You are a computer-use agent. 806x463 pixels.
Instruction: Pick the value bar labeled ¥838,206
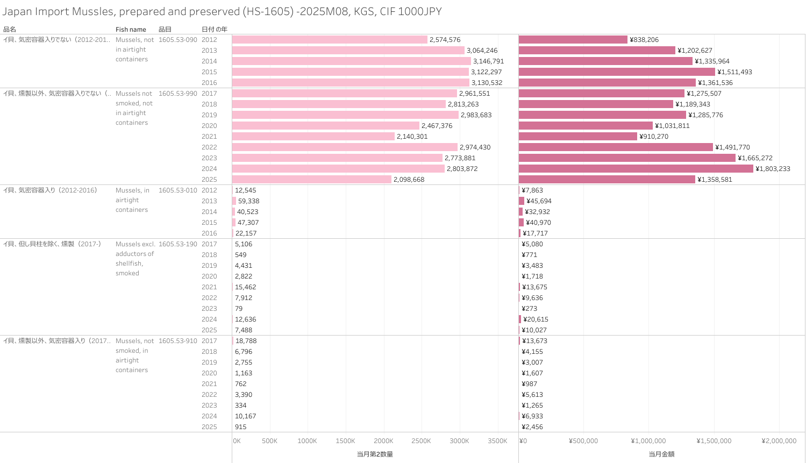point(573,40)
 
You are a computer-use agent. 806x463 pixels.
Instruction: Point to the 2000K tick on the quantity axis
point(383,441)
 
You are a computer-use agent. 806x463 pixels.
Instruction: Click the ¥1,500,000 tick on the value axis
point(714,441)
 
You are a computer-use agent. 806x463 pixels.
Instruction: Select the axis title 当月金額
point(661,454)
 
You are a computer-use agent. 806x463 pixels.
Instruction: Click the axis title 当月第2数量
point(375,454)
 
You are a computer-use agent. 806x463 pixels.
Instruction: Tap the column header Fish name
point(131,30)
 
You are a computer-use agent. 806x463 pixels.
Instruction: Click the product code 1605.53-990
point(177,94)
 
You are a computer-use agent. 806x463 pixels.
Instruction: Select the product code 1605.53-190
point(177,244)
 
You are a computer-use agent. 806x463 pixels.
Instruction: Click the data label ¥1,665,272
point(755,158)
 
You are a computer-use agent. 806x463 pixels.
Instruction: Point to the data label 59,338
point(248,201)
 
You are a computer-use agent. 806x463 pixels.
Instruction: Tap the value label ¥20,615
point(536,319)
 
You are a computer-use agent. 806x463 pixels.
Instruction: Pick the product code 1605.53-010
point(177,190)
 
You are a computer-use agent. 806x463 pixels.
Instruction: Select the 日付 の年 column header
point(214,30)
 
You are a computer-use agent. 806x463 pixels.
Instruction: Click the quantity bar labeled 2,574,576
point(330,40)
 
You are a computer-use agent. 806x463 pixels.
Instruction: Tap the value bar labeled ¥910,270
point(578,137)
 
